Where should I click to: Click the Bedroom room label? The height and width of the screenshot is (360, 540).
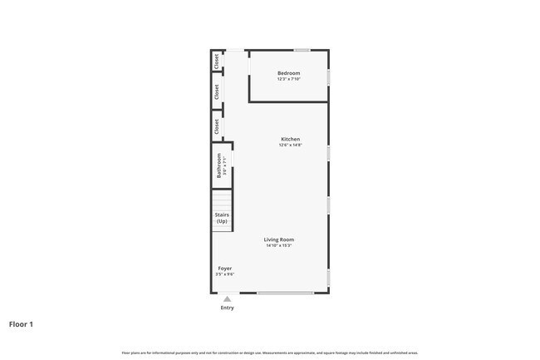coord(289,73)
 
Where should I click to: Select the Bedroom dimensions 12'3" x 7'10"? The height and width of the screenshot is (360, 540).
coord(289,79)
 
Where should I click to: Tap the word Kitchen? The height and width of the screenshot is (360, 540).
coord(290,139)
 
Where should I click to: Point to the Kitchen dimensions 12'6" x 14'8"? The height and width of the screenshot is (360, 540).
coord(290,145)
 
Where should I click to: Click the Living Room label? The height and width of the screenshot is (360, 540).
coord(279,239)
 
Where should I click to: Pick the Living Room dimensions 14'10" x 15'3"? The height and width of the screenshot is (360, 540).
coord(279,246)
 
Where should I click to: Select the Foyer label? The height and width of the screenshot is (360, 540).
coord(224,269)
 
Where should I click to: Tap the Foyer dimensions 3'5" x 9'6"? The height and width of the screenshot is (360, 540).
coord(224,274)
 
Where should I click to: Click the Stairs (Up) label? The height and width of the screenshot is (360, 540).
coord(222,218)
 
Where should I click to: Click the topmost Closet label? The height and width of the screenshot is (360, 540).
coord(217,61)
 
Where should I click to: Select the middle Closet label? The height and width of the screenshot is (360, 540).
coord(217,91)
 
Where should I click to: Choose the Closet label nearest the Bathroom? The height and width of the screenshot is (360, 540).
coord(217,126)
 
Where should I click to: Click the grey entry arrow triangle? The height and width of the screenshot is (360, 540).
coord(227,298)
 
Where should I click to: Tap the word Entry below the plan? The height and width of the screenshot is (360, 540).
coord(227,308)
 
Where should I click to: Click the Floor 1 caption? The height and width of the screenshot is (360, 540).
coord(21,324)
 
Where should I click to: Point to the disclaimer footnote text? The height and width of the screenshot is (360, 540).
coord(270,353)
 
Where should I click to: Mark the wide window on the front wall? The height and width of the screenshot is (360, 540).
coord(285,293)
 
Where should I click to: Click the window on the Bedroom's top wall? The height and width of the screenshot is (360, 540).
coord(302,50)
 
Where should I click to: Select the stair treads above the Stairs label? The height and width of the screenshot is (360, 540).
coord(221,199)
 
